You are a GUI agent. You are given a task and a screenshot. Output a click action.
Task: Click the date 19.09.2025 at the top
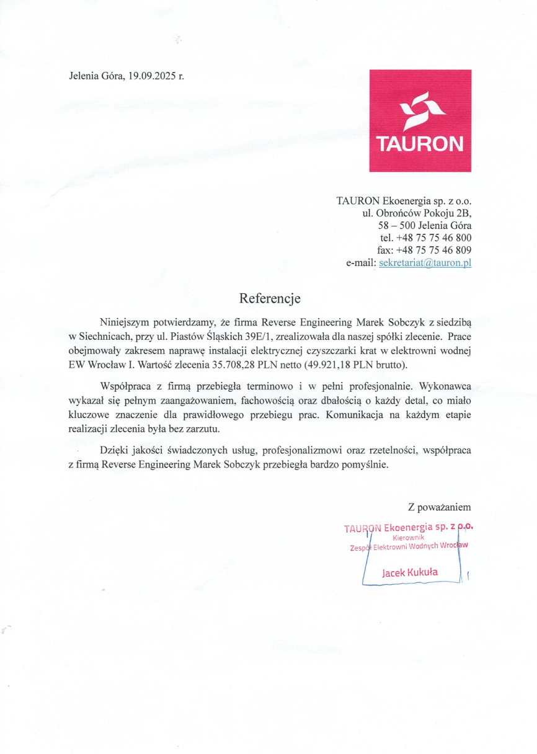[x=152, y=77]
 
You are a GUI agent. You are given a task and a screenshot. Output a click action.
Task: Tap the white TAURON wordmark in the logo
[x=420, y=144]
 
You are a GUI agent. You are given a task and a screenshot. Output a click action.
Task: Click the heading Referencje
[x=270, y=298]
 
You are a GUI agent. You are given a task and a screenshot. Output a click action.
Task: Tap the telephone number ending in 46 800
[x=434, y=237]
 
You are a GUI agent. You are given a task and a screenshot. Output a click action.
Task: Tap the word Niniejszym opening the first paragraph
[x=128, y=322]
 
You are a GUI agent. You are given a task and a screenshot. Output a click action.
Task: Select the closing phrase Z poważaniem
[x=439, y=507]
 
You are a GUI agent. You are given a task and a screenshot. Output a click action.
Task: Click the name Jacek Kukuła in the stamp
[x=410, y=572]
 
